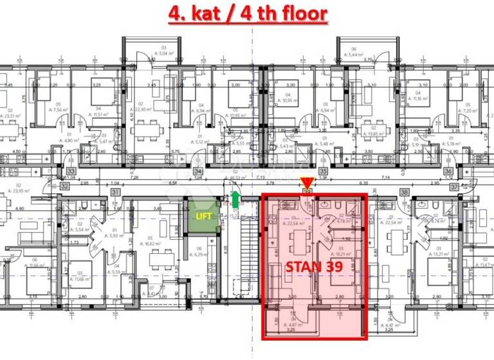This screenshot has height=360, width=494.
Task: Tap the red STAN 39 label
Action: tap(313, 265)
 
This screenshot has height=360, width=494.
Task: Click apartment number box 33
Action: tap(71, 172)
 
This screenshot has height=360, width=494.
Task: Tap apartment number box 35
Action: tap(323, 172)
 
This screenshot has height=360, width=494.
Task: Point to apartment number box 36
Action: tap(448, 172)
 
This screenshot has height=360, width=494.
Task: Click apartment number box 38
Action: tap(404, 192)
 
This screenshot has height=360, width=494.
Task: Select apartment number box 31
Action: tap(115, 192)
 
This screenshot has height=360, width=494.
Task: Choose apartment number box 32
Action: tap(64, 186)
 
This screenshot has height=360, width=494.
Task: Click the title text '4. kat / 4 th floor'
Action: tap(248, 13)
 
